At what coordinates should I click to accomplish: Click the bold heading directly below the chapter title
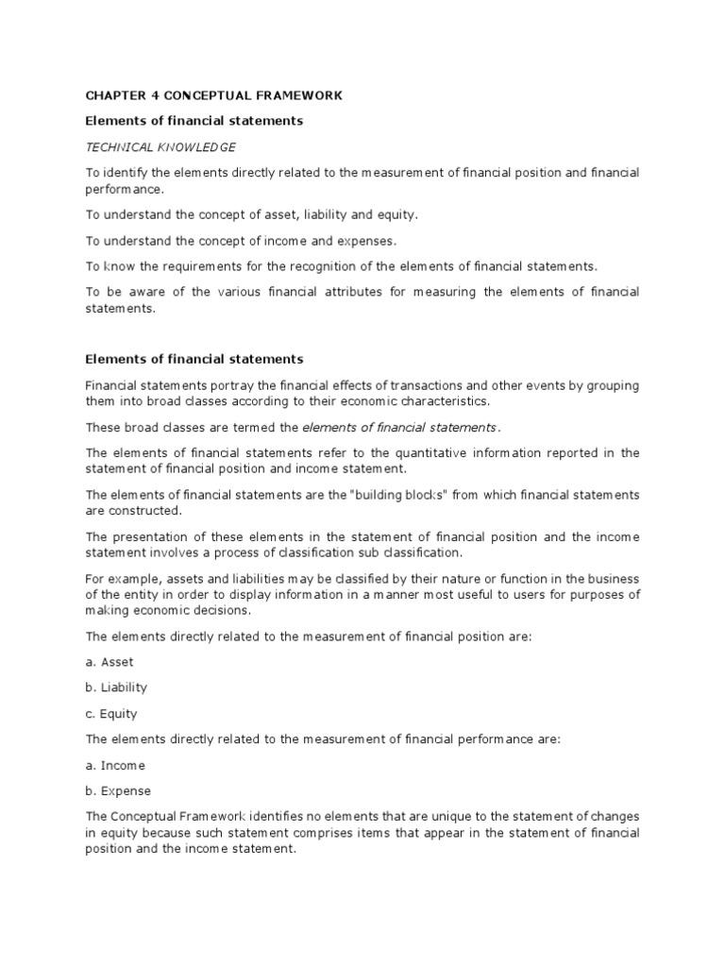pyautogui.click(x=194, y=121)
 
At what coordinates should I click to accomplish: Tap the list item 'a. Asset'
pyautogui.click(x=110, y=662)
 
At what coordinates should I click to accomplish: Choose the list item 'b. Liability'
pyautogui.click(x=116, y=687)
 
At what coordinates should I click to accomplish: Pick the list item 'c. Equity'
pyautogui.click(x=111, y=714)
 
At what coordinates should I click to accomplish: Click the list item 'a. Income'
pyautogui.click(x=115, y=765)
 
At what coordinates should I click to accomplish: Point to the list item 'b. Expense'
pyautogui.click(x=118, y=790)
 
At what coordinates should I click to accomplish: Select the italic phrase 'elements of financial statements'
pyautogui.click(x=400, y=427)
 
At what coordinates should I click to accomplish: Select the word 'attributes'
pyautogui.click(x=350, y=292)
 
